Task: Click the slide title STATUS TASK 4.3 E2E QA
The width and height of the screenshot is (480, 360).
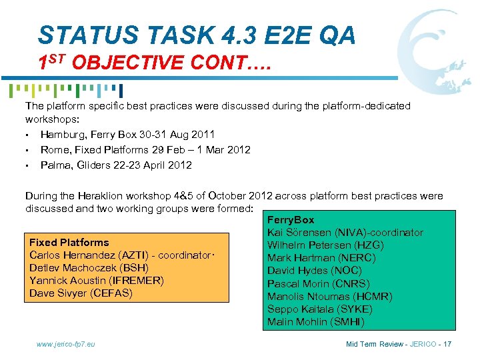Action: coord(197,35)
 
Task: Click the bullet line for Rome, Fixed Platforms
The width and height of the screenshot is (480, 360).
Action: coord(145,150)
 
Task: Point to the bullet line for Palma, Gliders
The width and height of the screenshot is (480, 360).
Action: coord(116,165)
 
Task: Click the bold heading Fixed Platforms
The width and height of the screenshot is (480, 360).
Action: coord(69,242)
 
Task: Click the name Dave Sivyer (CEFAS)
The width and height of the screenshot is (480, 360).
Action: coord(81,293)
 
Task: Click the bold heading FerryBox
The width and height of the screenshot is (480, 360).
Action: coord(291,219)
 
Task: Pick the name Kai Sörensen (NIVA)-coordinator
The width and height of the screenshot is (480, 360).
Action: coord(345,232)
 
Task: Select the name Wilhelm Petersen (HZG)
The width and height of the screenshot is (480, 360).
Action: coord(325,245)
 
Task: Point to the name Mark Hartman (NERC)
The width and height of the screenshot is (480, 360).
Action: coord(321,257)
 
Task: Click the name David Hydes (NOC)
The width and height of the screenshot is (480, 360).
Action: coord(314,270)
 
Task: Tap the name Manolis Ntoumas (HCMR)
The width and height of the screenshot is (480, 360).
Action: coord(329,296)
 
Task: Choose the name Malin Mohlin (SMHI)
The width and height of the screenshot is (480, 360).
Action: coord(315,322)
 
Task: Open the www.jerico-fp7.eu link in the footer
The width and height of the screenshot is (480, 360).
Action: coord(65,344)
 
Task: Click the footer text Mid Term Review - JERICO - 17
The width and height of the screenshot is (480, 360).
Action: coord(399,344)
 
